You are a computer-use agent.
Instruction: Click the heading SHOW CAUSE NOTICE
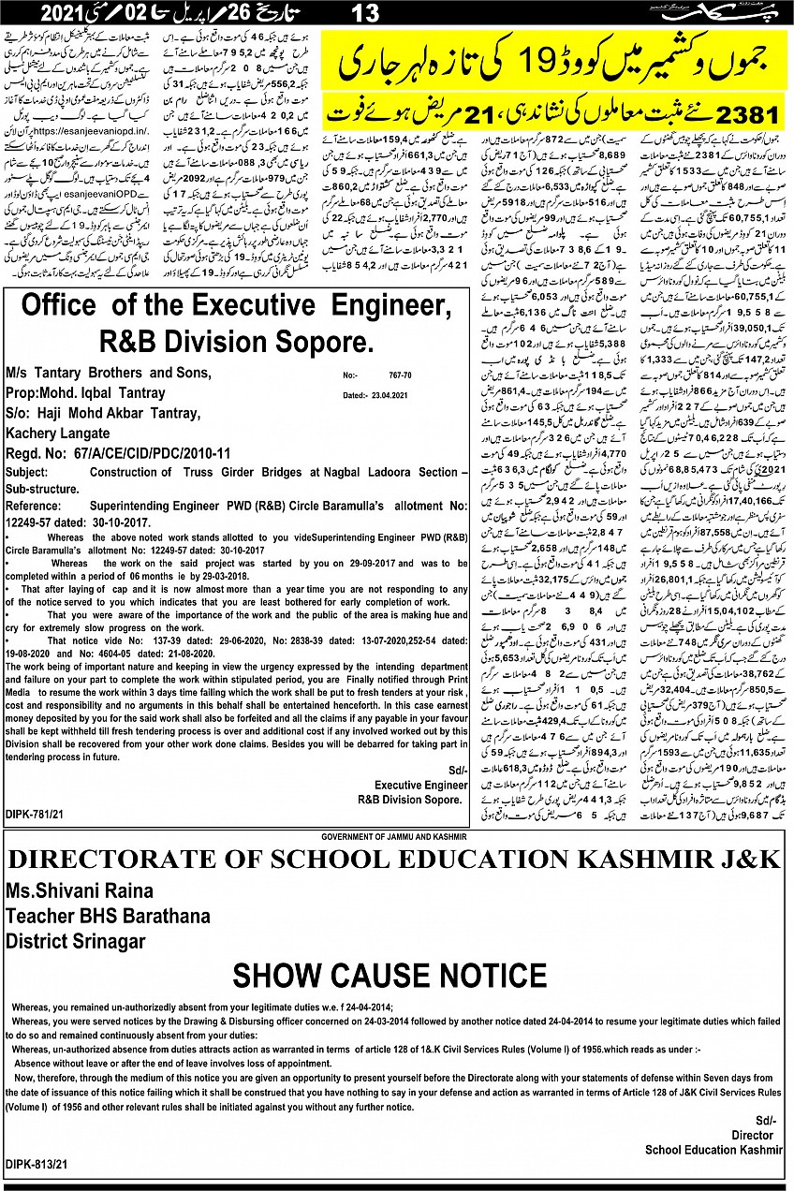click(x=390, y=975)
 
